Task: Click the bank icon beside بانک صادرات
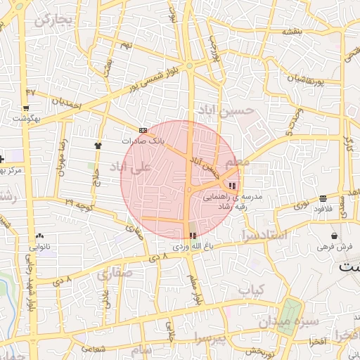click(143, 130)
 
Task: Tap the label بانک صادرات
click(162, 141)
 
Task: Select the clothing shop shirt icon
click(97, 145)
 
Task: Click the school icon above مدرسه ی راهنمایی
click(233, 186)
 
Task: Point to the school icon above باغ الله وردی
click(193, 235)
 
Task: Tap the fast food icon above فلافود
click(322, 198)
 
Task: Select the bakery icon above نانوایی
click(39, 236)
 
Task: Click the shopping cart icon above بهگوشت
click(26, 108)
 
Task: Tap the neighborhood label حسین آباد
click(224, 110)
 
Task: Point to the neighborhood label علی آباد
click(131, 167)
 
